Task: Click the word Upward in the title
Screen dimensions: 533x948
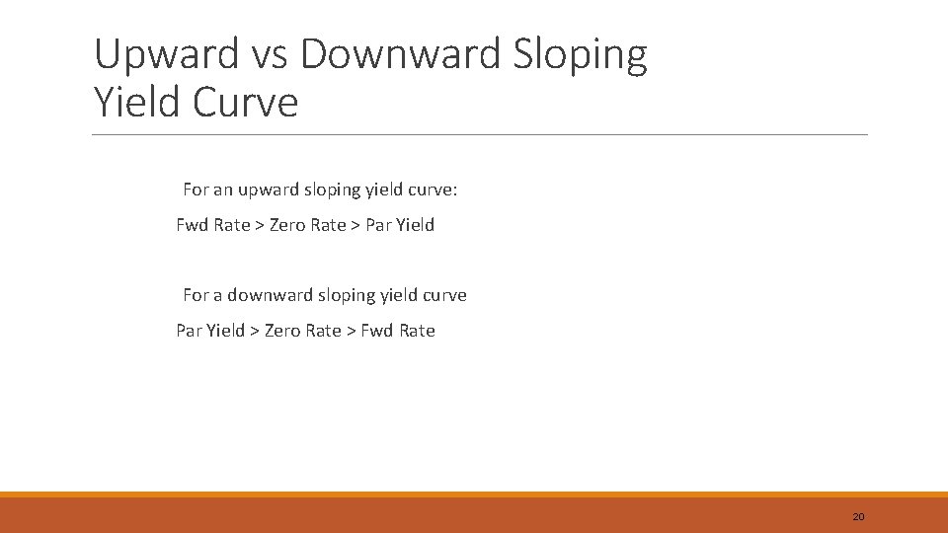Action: click(x=167, y=54)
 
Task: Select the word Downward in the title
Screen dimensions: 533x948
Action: click(x=403, y=54)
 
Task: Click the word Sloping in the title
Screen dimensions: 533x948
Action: click(x=581, y=54)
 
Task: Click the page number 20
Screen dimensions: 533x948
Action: click(x=858, y=516)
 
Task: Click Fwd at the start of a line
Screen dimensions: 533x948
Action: click(x=192, y=225)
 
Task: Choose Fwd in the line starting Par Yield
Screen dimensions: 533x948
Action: click(x=376, y=331)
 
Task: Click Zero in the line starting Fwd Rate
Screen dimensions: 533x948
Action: click(x=287, y=225)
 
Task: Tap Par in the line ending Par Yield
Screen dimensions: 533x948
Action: click(x=378, y=225)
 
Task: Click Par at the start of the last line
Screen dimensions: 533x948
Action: click(x=189, y=331)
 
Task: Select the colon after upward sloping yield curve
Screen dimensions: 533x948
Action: click(x=455, y=190)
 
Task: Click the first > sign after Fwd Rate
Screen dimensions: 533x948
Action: click(x=260, y=225)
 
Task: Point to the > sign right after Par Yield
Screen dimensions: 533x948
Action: click(x=255, y=331)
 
